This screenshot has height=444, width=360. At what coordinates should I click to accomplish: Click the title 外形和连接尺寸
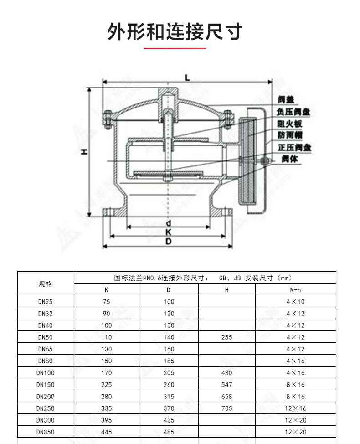point(175,31)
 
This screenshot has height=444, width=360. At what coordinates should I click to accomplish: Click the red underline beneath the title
point(175,47)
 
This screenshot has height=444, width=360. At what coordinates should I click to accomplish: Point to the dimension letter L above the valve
point(187,78)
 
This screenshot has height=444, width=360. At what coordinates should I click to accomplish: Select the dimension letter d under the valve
point(168,223)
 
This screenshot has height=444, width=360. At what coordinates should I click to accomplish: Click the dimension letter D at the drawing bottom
point(168,242)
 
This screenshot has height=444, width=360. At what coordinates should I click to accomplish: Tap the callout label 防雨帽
point(290,135)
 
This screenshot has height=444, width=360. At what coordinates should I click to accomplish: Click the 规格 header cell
point(46,284)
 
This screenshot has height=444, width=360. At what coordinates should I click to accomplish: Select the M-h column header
point(295,290)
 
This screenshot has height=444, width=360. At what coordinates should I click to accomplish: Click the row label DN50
point(46,337)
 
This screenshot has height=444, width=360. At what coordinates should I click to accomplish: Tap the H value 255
point(226,337)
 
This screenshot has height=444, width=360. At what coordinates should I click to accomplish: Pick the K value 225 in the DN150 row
point(106,385)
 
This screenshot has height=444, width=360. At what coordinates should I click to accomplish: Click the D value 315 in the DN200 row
point(169,397)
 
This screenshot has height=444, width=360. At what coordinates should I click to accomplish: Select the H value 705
point(226,408)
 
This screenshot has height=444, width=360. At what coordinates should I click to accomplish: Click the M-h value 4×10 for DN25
point(295,302)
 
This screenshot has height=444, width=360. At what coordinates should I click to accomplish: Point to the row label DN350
point(46,432)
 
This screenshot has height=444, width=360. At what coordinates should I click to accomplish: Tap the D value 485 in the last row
point(169,432)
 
